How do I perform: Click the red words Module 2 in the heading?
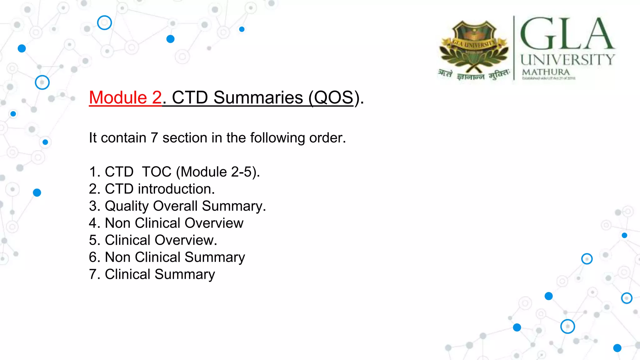pos(125,97)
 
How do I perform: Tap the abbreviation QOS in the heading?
pos(333,97)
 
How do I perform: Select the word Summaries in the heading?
pos(258,97)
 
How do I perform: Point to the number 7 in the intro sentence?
pos(154,138)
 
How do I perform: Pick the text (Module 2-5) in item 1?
pos(217,172)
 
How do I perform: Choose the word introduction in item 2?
pos(176,189)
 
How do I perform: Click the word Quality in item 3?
pos(127,206)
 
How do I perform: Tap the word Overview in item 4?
pos(214,223)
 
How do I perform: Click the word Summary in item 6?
pos(215,257)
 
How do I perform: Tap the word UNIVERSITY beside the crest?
pos(567,59)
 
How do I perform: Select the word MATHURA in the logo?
pos(546,72)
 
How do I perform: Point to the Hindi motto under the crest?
pos(473,75)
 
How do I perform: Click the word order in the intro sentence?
pos(327,138)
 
